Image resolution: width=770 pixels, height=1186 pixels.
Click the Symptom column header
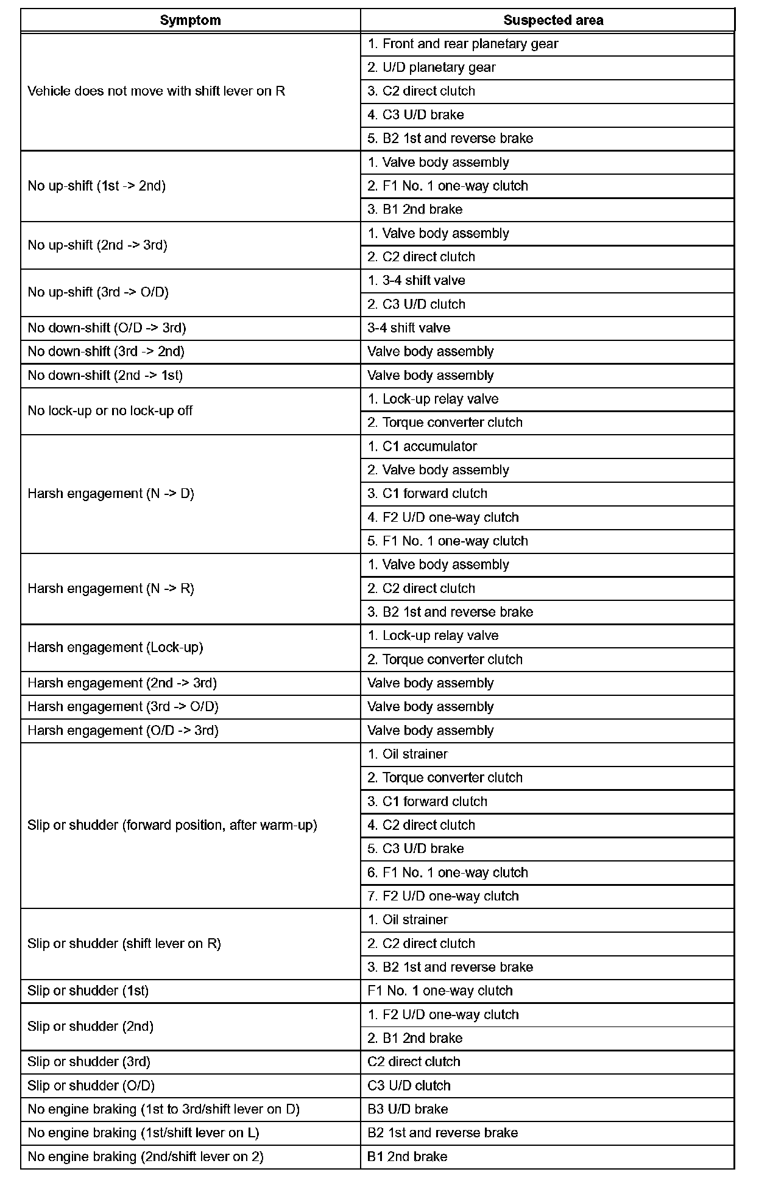tap(190, 20)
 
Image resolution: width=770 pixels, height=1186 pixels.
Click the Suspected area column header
tap(553, 20)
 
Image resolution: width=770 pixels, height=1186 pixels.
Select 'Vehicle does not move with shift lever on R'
tap(157, 91)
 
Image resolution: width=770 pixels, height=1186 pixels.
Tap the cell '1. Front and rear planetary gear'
tap(463, 44)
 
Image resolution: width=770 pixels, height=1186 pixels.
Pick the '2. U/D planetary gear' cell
tap(431, 68)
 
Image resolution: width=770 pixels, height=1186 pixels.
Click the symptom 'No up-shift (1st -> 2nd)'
tap(97, 186)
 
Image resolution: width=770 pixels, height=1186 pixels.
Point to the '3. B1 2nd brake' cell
tap(415, 209)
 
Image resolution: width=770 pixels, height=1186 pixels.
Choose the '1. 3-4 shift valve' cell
tap(416, 281)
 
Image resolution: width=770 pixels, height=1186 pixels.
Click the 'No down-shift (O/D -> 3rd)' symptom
tap(107, 328)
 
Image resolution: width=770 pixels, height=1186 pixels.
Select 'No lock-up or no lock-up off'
tap(110, 411)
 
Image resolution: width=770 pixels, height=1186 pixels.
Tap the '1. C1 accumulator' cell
tap(422, 446)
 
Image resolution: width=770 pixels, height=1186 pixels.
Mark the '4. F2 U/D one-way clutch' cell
tap(443, 518)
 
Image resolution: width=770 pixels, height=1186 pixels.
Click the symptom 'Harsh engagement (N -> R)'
tap(111, 589)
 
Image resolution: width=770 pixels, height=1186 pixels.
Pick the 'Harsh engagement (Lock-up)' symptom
tap(115, 648)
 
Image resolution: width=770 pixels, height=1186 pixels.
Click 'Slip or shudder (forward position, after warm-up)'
tap(172, 826)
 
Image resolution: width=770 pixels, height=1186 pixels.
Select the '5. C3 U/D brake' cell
tap(415, 849)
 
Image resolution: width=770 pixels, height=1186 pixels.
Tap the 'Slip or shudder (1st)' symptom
tap(88, 991)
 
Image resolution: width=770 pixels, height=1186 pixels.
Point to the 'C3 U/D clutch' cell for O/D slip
tap(409, 1086)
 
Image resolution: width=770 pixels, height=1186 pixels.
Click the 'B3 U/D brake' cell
tap(408, 1109)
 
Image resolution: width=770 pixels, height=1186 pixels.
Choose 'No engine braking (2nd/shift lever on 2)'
tap(146, 1157)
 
